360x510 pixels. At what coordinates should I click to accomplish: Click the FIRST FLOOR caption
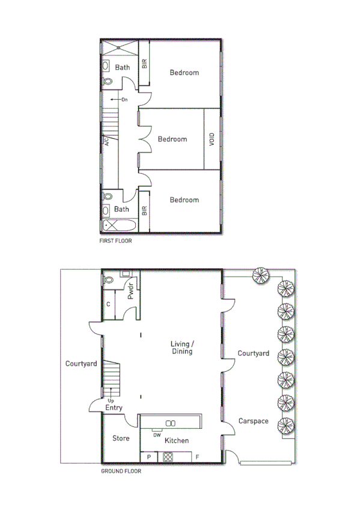coord(115,241)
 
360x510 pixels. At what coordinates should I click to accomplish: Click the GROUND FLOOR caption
coord(121,472)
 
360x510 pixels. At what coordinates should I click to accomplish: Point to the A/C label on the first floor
coord(106,142)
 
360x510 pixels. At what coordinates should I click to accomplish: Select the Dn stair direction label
coord(124,99)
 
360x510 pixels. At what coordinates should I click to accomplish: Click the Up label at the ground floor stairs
coord(111,400)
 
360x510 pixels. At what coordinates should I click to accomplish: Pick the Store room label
coord(121,438)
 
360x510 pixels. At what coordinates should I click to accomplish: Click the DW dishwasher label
coord(157,434)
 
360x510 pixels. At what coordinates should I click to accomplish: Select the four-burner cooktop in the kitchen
coord(168,457)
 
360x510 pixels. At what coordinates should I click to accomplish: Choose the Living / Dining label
coord(182,347)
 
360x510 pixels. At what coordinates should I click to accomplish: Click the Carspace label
coord(252,421)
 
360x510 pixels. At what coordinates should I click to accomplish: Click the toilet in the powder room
coord(109,280)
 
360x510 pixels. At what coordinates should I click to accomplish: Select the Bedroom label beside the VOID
coord(172,139)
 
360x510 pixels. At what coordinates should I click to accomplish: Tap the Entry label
coord(114,408)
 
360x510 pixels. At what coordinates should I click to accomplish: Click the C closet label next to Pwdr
coord(108,304)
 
